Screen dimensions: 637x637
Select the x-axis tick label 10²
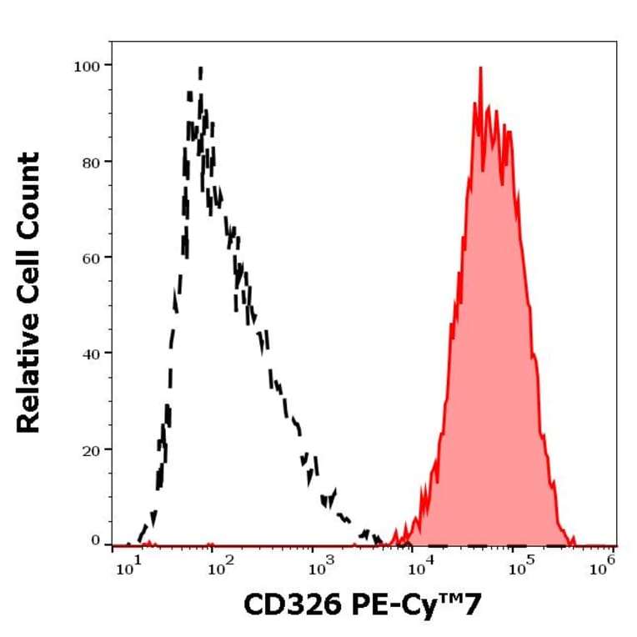pyautogui.click(x=218, y=569)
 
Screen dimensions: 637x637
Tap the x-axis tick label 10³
pyautogui.click(x=317, y=569)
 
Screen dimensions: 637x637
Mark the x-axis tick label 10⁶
pyautogui.click(x=601, y=569)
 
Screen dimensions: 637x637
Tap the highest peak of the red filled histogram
pyautogui.click(x=480, y=68)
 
